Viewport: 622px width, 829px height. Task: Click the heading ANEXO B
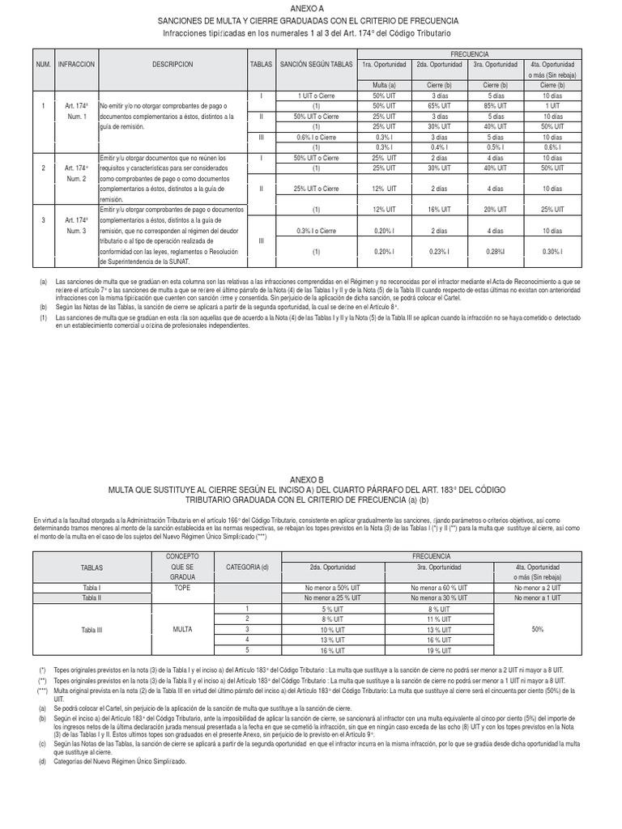click(x=311, y=480)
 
